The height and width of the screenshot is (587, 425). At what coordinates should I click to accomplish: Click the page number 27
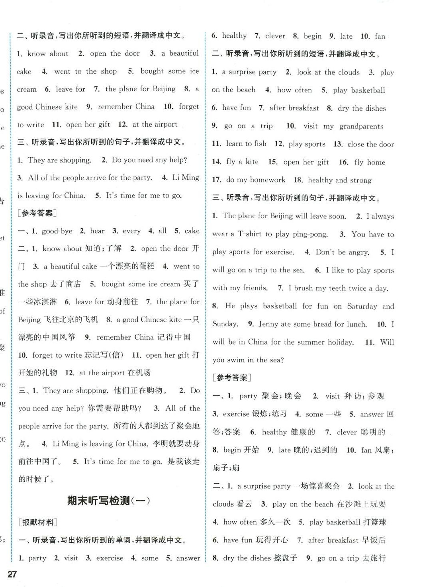point(12,574)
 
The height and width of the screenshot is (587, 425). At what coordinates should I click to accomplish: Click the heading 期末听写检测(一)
point(108,501)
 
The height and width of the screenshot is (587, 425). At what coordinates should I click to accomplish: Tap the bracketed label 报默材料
point(38,522)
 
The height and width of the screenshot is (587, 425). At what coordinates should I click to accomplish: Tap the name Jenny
point(268,324)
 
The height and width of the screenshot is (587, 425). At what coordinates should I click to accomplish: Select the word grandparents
point(361,127)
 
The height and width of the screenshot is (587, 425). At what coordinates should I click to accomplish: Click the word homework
point(267,180)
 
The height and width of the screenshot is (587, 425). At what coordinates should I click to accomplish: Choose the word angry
point(358,252)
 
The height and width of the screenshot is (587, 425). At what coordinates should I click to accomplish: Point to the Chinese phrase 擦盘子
point(285,558)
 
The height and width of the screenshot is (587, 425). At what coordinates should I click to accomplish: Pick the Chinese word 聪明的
point(373,432)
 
